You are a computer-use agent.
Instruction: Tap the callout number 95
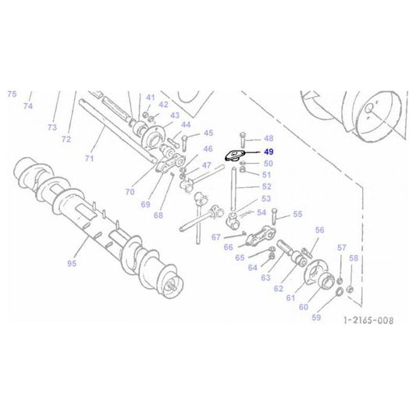[72, 264]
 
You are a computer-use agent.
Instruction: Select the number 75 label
[12, 94]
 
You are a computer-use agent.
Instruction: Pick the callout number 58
[353, 258]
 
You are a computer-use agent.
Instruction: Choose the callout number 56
[319, 230]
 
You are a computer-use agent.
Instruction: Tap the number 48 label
[268, 138]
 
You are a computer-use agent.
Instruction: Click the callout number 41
[150, 96]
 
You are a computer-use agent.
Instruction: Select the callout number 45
[208, 133]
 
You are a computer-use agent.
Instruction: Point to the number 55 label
[297, 214]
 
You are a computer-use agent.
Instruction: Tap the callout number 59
[316, 318]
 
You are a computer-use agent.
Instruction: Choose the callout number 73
[52, 127]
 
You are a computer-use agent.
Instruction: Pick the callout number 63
[265, 277]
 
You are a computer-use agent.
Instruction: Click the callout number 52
[267, 187]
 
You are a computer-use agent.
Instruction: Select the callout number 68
[158, 215]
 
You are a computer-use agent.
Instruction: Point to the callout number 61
[291, 297]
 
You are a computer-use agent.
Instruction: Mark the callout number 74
[28, 105]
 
